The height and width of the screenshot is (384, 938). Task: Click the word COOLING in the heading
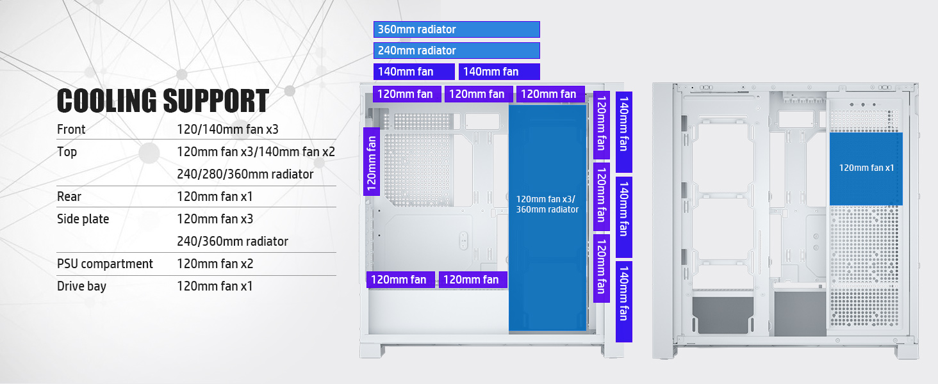pos(106,101)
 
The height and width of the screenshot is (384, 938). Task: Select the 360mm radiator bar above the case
pos(456,29)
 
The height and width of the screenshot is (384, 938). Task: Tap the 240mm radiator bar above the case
pos(456,51)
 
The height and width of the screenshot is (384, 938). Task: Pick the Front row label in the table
pos(71,129)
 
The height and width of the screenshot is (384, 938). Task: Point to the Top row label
pos(67,152)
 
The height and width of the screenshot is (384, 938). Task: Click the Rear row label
pos(69,196)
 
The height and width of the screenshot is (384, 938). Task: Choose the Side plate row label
pos(83,219)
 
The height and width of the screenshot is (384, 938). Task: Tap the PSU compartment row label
pos(105,264)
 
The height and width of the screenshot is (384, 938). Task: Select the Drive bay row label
pos(81,286)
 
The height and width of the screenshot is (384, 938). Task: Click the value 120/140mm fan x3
pos(227,129)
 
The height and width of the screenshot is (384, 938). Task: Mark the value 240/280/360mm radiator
pos(245,174)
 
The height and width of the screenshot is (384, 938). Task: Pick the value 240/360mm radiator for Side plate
pos(233,241)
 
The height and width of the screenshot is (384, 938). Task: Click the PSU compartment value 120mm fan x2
pos(215,264)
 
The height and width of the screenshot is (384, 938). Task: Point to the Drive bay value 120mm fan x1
pos(215,286)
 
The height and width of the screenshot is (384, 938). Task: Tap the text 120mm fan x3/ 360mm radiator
pos(548,204)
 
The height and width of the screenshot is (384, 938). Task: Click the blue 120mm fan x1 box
pos(866,168)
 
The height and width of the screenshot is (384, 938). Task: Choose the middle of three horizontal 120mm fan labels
pos(477,94)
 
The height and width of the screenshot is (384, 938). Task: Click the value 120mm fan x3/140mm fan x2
pos(256,152)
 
